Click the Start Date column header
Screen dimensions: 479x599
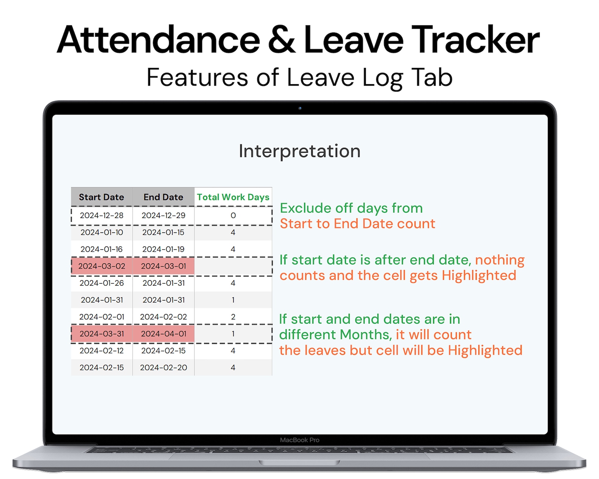[101, 197]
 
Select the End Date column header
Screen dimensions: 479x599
[163, 197]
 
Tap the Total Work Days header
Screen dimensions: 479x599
[233, 197]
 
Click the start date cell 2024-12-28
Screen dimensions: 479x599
[101, 215]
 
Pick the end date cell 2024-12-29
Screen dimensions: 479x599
[163, 215]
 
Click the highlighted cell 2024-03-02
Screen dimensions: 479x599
[101, 266]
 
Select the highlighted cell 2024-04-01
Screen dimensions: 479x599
[163, 334]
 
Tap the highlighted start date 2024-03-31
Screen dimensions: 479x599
[101, 334]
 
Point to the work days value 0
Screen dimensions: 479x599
[233, 215]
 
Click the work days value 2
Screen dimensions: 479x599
[233, 317]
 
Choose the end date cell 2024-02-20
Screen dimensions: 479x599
[163, 367]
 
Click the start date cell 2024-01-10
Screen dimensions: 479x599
[101, 232]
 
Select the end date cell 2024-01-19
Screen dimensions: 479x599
[163, 249]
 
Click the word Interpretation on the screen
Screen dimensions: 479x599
[299, 151]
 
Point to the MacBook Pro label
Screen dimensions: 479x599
[299, 440]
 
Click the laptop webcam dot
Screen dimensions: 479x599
[300, 108]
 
